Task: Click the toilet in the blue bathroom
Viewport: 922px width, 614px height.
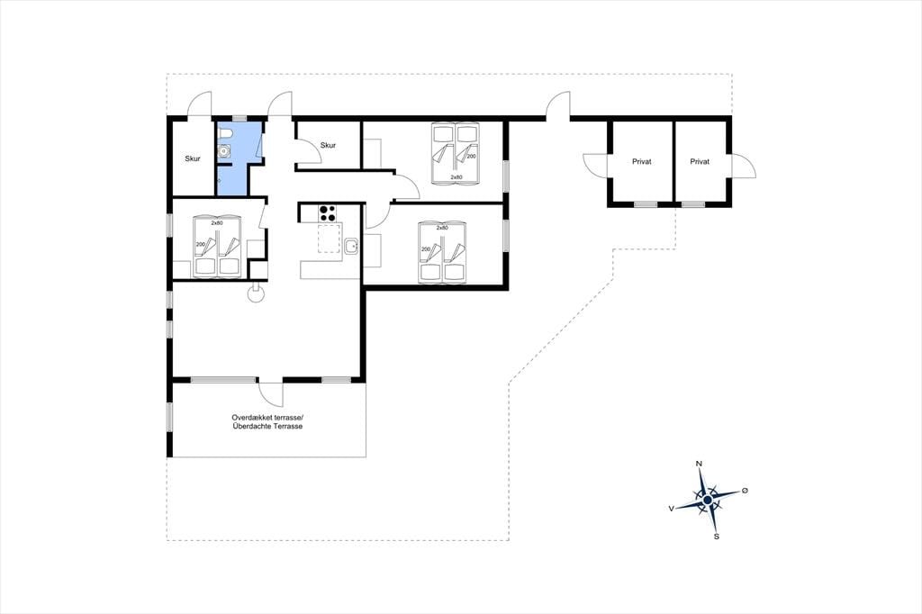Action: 225,135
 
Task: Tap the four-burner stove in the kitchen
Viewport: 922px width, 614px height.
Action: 328,213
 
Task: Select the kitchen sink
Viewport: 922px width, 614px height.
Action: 352,246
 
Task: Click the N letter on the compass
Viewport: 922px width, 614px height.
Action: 699,464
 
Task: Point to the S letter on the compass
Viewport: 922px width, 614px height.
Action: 716,537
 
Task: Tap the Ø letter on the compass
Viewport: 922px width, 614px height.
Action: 745,490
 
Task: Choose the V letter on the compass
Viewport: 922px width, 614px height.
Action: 671,509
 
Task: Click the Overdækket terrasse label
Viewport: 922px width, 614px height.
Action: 267,418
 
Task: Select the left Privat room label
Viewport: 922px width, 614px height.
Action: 641,162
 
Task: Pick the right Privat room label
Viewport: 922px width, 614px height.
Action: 700,162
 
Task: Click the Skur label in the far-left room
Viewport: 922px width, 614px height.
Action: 193,158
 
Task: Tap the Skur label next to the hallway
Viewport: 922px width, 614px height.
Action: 328,145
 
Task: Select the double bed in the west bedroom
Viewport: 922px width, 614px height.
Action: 217,247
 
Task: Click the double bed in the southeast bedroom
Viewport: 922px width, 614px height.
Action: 441,252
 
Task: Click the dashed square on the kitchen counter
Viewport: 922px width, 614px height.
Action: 330,239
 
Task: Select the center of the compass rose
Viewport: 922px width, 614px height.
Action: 708,500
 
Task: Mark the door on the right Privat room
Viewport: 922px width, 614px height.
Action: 743,165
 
